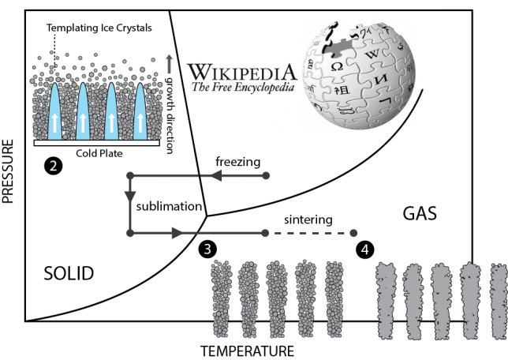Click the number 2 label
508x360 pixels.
[x=53, y=167]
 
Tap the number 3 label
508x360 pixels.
[x=207, y=249]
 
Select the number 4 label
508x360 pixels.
[x=364, y=249]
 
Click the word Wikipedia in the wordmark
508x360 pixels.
[x=241, y=72]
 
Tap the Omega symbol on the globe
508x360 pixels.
[x=337, y=67]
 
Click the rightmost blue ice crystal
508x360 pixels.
[x=140, y=112]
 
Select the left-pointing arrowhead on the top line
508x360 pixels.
[x=214, y=175]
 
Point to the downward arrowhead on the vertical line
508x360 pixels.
[x=130, y=197]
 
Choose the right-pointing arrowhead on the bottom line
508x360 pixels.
[x=177, y=233]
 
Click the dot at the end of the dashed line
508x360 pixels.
[x=353, y=233]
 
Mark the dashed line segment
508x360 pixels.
[x=309, y=233]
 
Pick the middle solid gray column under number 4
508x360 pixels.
[x=441, y=302]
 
